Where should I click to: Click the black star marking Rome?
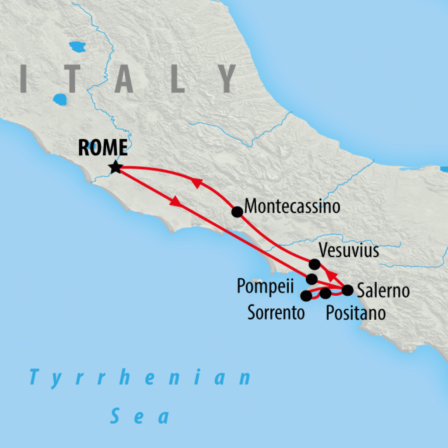[115, 167]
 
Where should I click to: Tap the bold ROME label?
[103, 148]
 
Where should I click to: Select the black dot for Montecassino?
[237, 212]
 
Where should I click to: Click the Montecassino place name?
[292, 206]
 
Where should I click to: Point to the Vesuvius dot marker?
[314, 264]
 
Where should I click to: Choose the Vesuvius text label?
[349, 251]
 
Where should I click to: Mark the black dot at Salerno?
[347, 290]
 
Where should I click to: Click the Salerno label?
[383, 290]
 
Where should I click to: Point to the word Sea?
[140, 416]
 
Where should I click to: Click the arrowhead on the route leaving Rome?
[175, 202]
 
